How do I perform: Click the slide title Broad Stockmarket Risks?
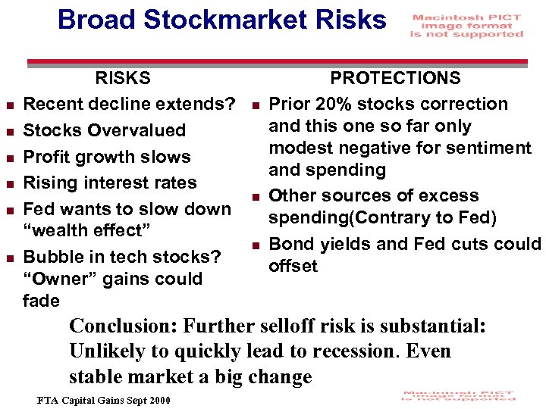(x=221, y=20)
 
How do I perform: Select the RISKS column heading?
(x=122, y=78)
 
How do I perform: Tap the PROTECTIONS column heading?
(x=394, y=78)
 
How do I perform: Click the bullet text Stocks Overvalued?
(x=104, y=130)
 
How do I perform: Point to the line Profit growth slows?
(x=107, y=157)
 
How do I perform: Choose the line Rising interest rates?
(x=110, y=183)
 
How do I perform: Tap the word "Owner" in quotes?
(x=58, y=279)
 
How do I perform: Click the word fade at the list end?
(x=41, y=301)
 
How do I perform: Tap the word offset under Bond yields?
(x=293, y=266)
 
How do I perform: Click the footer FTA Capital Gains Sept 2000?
(x=105, y=400)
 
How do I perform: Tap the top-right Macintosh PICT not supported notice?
(x=466, y=26)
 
